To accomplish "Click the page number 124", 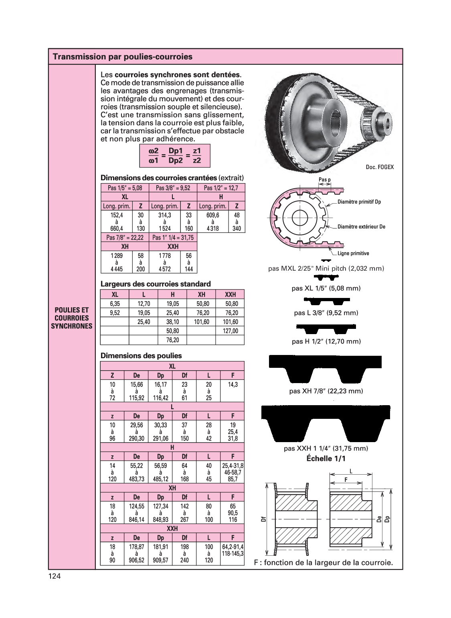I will click(x=54, y=577).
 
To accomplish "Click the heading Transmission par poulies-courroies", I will click(x=123, y=57).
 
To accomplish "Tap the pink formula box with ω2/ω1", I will click(x=175, y=156).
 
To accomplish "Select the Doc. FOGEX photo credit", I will click(x=380, y=167).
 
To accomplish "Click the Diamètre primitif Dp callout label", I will click(x=359, y=202).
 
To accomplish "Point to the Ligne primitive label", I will click(x=353, y=253).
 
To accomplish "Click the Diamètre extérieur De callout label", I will click(x=361, y=226).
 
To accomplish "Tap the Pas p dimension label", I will click(x=324, y=179).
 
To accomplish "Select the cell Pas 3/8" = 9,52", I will click(x=173, y=188).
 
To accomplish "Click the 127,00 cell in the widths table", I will click(x=230, y=331).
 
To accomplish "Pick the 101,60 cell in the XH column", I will click(x=201, y=322).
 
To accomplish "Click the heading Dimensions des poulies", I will click(x=141, y=356).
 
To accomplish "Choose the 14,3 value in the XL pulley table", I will click(x=233, y=384).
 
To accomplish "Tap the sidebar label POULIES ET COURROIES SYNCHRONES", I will click(x=72, y=318).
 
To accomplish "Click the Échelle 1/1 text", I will click(x=326, y=459).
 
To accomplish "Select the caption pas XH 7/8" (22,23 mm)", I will click(x=326, y=391).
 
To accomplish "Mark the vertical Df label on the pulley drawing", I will click(x=263, y=519).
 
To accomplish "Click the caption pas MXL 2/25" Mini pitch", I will click(x=326, y=268).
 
